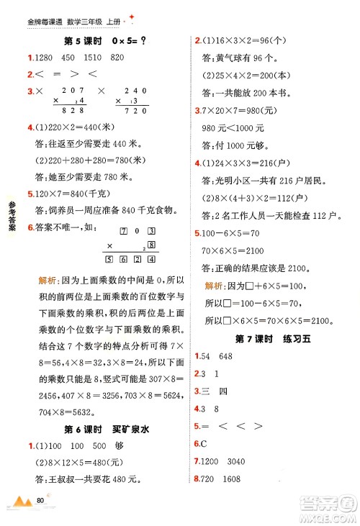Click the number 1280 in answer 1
(42, 57)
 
